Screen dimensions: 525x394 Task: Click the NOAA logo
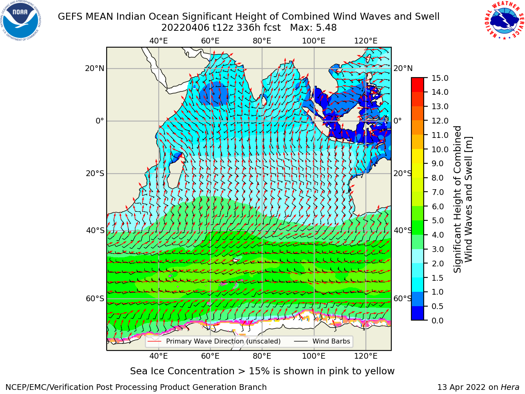point(21,21)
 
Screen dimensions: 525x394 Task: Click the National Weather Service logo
point(504,21)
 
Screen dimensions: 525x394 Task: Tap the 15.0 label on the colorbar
point(440,78)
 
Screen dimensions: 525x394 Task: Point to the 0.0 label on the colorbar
point(438,321)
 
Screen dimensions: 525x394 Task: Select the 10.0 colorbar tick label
point(440,149)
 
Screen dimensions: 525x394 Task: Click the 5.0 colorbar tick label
point(438,220)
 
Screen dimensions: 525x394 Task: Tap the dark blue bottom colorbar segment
point(418,313)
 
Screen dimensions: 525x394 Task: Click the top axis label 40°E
point(159,41)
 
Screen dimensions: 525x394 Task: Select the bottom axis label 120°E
point(366,356)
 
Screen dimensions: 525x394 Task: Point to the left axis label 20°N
point(95,69)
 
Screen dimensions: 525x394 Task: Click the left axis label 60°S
point(95,298)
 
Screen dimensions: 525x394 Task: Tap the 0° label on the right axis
point(397,121)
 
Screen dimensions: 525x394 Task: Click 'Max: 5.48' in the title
point(313,28)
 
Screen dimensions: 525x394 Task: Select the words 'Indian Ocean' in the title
point(148,16)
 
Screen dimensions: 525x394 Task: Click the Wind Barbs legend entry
point(322,341)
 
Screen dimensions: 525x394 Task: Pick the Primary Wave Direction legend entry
point(214,341)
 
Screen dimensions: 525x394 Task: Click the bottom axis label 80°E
point(262,356)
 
